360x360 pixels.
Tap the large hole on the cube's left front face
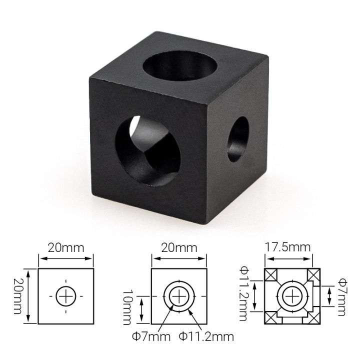coord(144,144)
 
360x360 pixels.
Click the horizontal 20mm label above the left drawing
coord(66,247)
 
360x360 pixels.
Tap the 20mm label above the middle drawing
coord(179,247)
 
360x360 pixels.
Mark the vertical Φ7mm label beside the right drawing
coord(342,296)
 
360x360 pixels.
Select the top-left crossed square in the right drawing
coord(270,274)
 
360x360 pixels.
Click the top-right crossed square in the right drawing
coord(313,274)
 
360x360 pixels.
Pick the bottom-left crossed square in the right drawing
coord(270,317)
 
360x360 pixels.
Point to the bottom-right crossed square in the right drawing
coord(313,317)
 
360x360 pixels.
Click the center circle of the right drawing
coord(292,296)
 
